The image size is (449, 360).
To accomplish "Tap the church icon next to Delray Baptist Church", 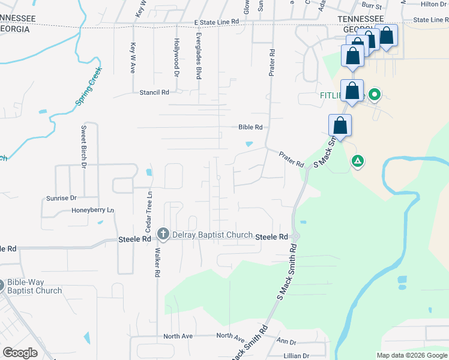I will (x=163, y=234).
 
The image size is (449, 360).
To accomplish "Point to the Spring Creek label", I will (x=88, y=87).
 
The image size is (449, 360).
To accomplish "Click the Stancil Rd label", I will (x=154, y=92).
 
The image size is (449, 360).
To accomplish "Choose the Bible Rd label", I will (x=250, y=127).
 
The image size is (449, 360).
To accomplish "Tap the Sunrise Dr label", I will (x=62, y=197).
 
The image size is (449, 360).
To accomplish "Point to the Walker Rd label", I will (x=157, y=262).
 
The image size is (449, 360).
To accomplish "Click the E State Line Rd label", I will (x=217, y=22).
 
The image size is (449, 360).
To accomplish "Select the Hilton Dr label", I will (x=434, y=4).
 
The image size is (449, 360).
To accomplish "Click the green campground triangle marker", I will (x=357, y=161).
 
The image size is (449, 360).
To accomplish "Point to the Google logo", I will (x=20, y=353).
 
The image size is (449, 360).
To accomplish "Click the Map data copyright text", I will (x=411, y=355).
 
